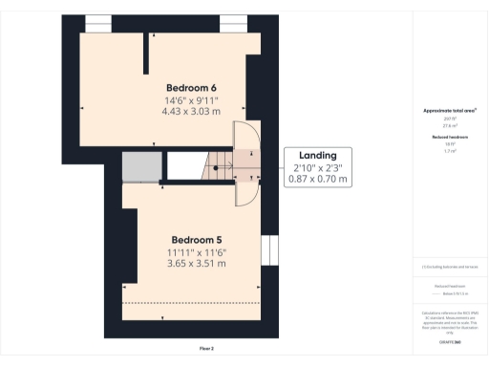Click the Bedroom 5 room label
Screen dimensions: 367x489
click(x=198, y=239)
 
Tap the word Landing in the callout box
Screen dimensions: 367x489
click(x=318, y=155)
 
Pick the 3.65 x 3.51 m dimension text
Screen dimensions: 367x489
click(x=198, y=264)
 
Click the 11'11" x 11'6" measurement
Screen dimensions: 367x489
click(x=198, y=252)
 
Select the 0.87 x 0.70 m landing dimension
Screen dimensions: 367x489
click(x=318, y=179)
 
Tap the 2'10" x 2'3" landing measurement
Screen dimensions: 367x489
click(x=318, y=167)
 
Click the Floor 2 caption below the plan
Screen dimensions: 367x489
click(x=206, y=348)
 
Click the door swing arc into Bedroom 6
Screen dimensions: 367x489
click(x=247, y=134)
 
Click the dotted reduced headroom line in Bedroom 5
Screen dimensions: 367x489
click(x=191, y=302)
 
